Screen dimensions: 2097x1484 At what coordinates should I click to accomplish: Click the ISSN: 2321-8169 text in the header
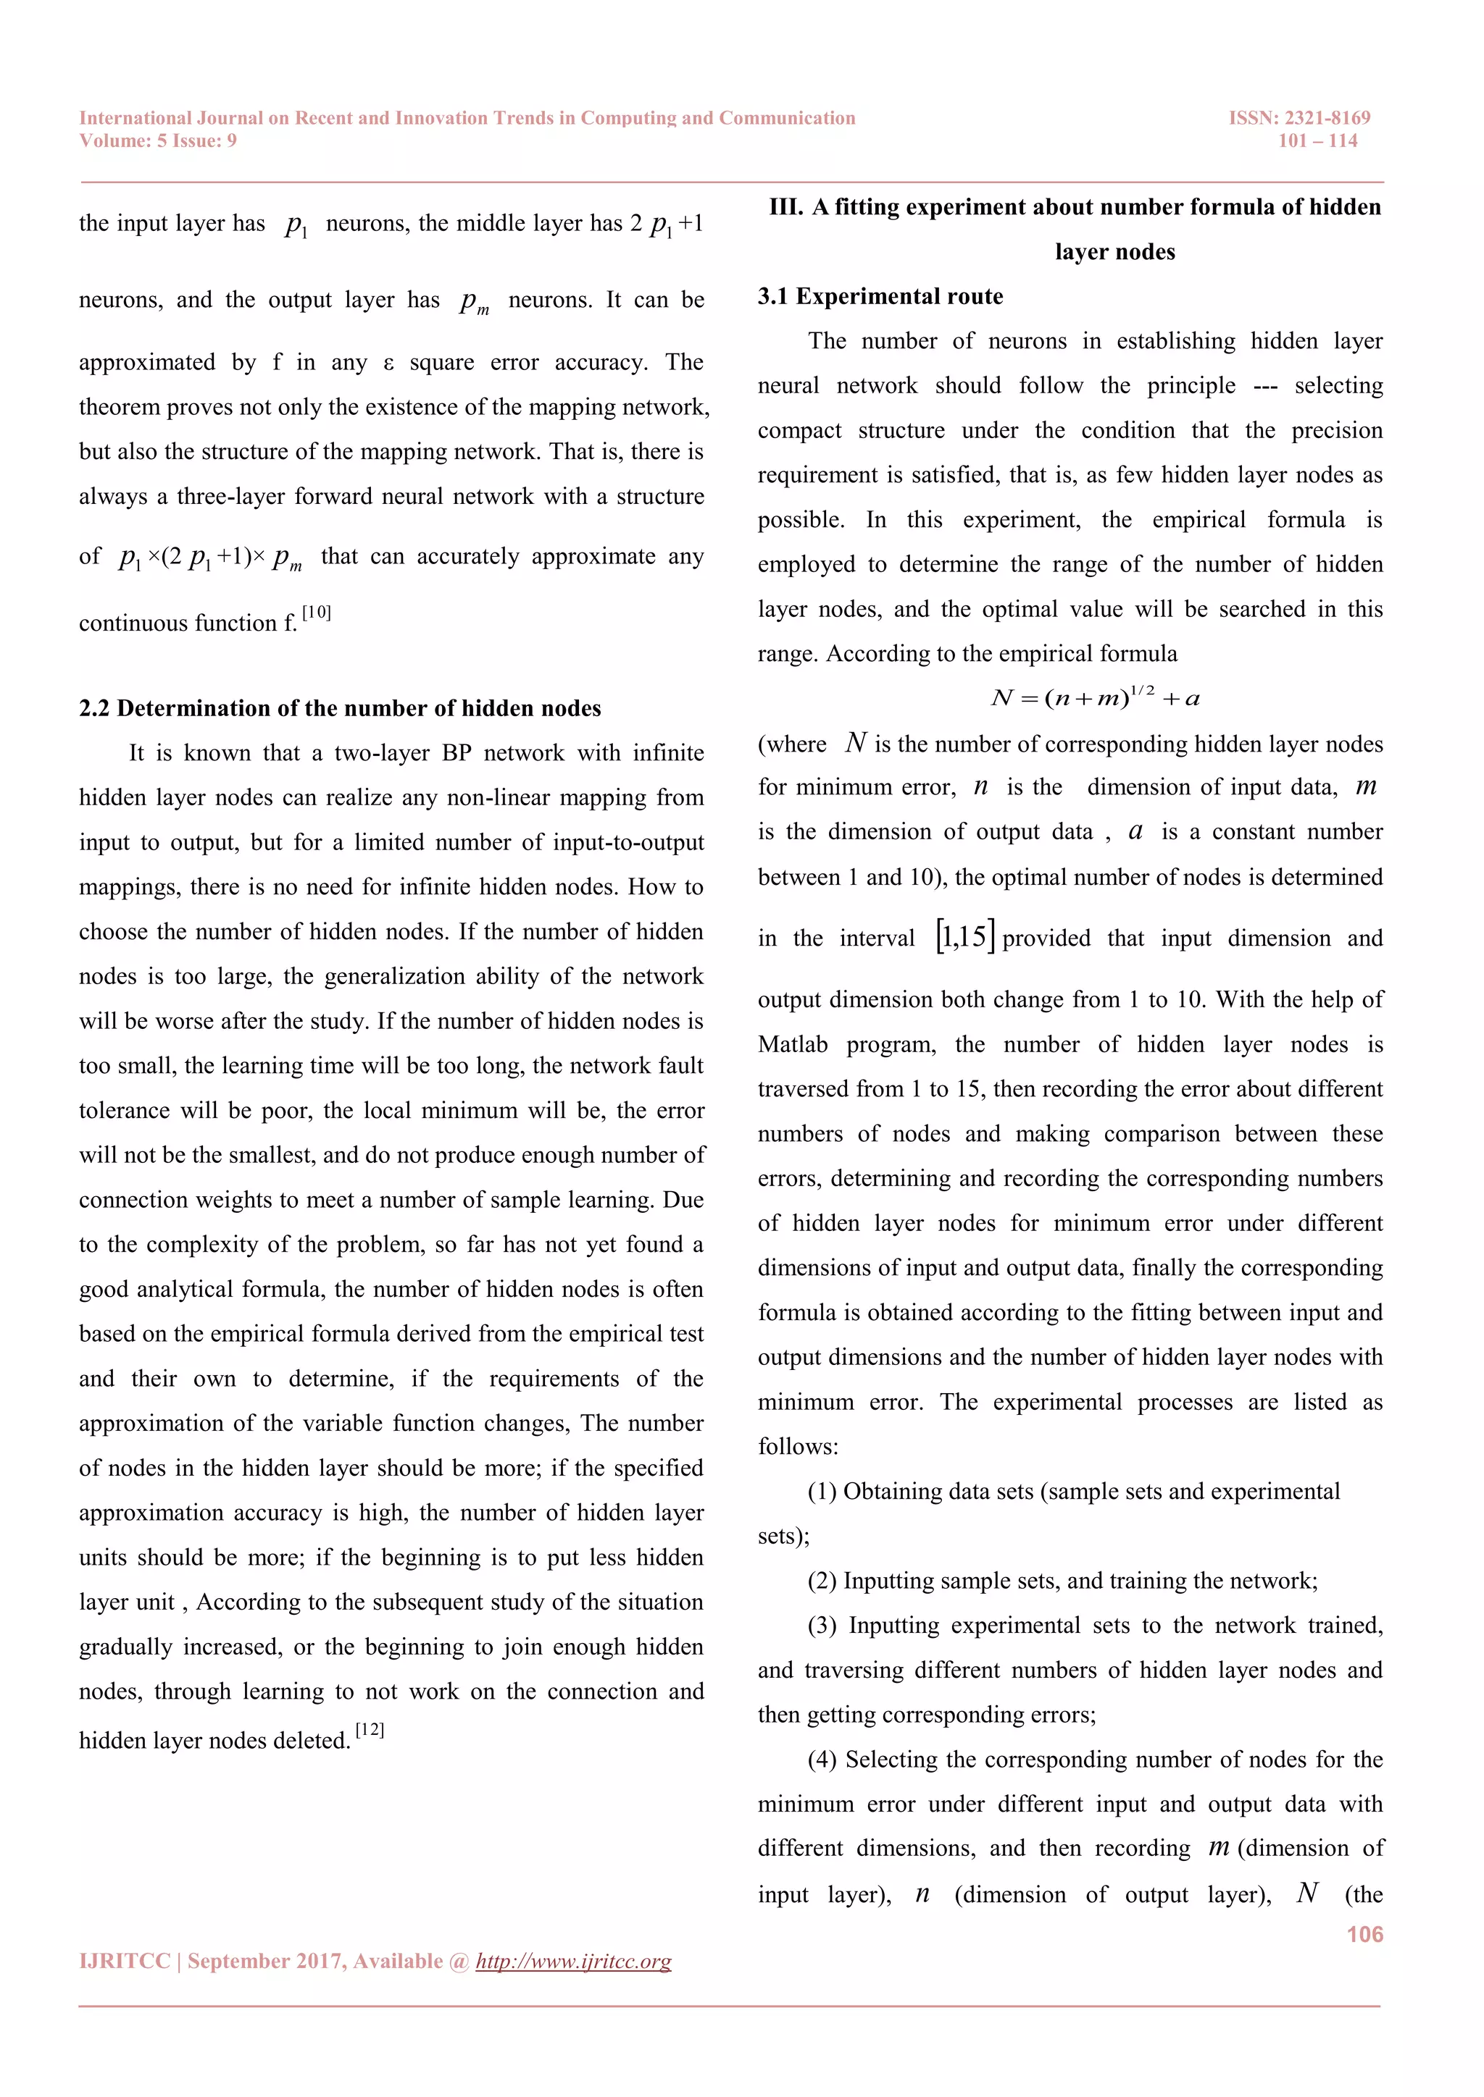[x=1298, y=118]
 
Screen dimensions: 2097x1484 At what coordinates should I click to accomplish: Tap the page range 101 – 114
[x=1317, y=140]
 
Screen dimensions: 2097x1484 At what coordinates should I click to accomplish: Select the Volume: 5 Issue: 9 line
[x=157, y=140]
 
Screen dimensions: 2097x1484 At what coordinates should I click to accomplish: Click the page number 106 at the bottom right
[x=1364, y=1934]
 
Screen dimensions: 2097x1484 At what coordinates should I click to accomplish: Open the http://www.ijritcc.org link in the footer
[x=573, y=1961]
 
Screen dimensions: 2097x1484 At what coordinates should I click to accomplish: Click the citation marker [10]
[x=316, y=612]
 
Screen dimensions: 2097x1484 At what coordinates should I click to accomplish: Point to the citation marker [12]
[x=369, y=1730]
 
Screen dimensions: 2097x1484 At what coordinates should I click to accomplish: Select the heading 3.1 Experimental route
[x=880, y=297]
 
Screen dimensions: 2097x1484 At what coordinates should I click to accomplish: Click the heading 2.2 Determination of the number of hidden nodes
[x=340, y=709]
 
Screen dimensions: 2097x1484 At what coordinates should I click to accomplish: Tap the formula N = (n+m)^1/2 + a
[x=1095, y=698]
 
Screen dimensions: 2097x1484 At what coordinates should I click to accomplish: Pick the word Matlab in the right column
[x=792, y=1045]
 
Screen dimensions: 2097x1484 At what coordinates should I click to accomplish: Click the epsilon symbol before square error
[x=388, y=363]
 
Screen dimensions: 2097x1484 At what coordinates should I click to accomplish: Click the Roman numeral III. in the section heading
[x=786, y=207]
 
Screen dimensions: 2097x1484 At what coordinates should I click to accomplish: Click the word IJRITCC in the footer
[x=125, y=1961]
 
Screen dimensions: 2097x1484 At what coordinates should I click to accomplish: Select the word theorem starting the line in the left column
[x=119, y=408]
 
